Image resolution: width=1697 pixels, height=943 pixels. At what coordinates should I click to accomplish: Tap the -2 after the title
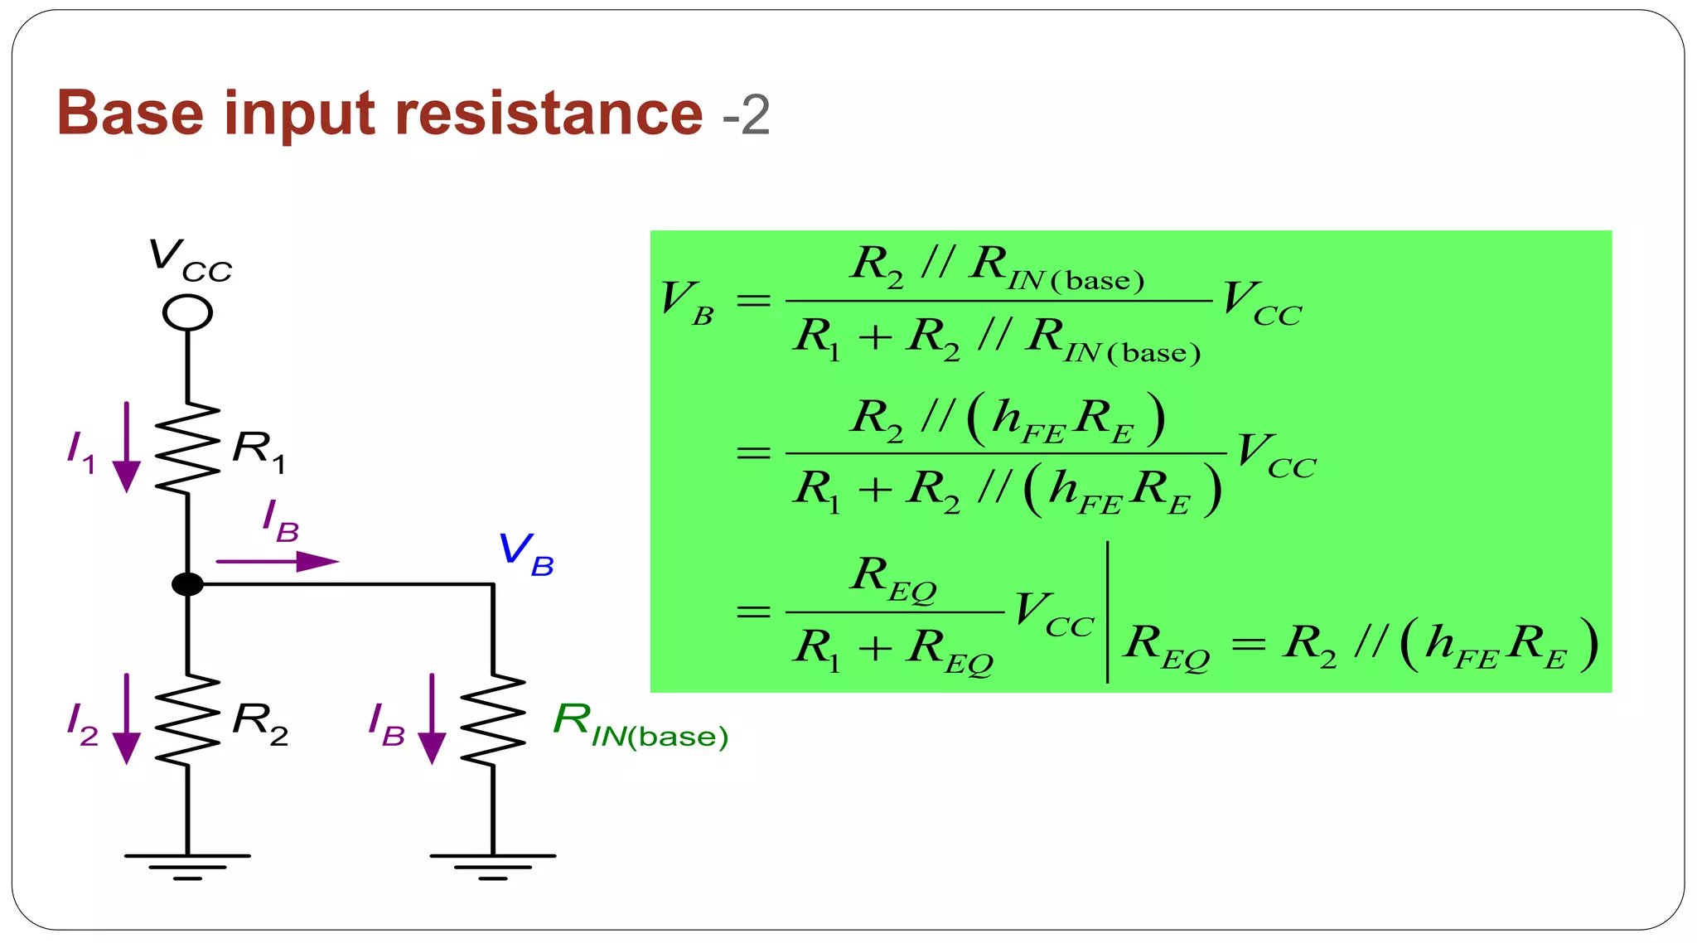746,115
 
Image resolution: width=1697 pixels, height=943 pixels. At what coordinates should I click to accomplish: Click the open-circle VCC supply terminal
187,313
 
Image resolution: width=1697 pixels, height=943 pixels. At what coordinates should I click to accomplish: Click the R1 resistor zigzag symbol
187,448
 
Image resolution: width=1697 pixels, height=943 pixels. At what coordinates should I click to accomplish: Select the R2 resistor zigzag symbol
187,719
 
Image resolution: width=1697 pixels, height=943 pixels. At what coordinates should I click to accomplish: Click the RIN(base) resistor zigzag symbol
493,719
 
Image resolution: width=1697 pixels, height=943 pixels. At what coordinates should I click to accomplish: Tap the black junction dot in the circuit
187,584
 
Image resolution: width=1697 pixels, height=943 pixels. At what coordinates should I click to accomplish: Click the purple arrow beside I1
127,447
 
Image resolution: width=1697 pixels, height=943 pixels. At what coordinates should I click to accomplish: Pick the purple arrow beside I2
127,718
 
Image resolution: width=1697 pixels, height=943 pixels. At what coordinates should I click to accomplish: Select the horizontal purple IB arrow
278,562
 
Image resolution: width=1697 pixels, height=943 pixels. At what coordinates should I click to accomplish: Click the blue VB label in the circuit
525,553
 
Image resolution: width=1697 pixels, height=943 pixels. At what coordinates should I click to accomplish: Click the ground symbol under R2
187,865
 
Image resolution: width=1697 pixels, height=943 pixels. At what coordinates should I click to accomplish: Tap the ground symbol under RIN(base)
493,865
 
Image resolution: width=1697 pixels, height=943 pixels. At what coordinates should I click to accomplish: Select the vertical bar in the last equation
1108,612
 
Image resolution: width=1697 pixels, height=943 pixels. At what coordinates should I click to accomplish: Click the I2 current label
82,723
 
